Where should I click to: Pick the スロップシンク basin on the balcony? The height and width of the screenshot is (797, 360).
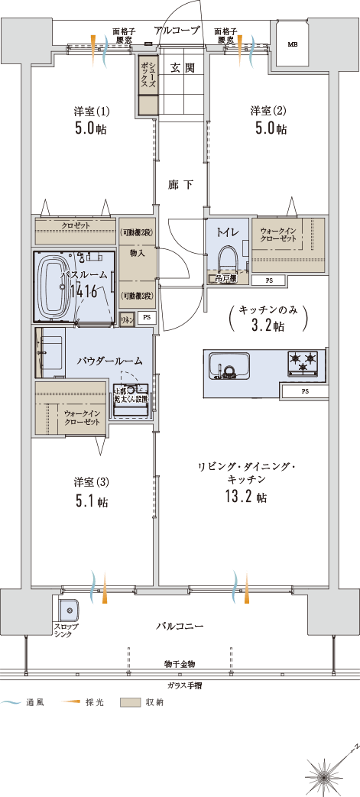point(67,611)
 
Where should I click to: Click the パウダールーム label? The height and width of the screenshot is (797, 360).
point(109,358)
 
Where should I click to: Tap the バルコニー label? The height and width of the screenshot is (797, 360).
point(180,626)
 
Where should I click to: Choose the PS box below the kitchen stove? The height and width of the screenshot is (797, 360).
point(304,391)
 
